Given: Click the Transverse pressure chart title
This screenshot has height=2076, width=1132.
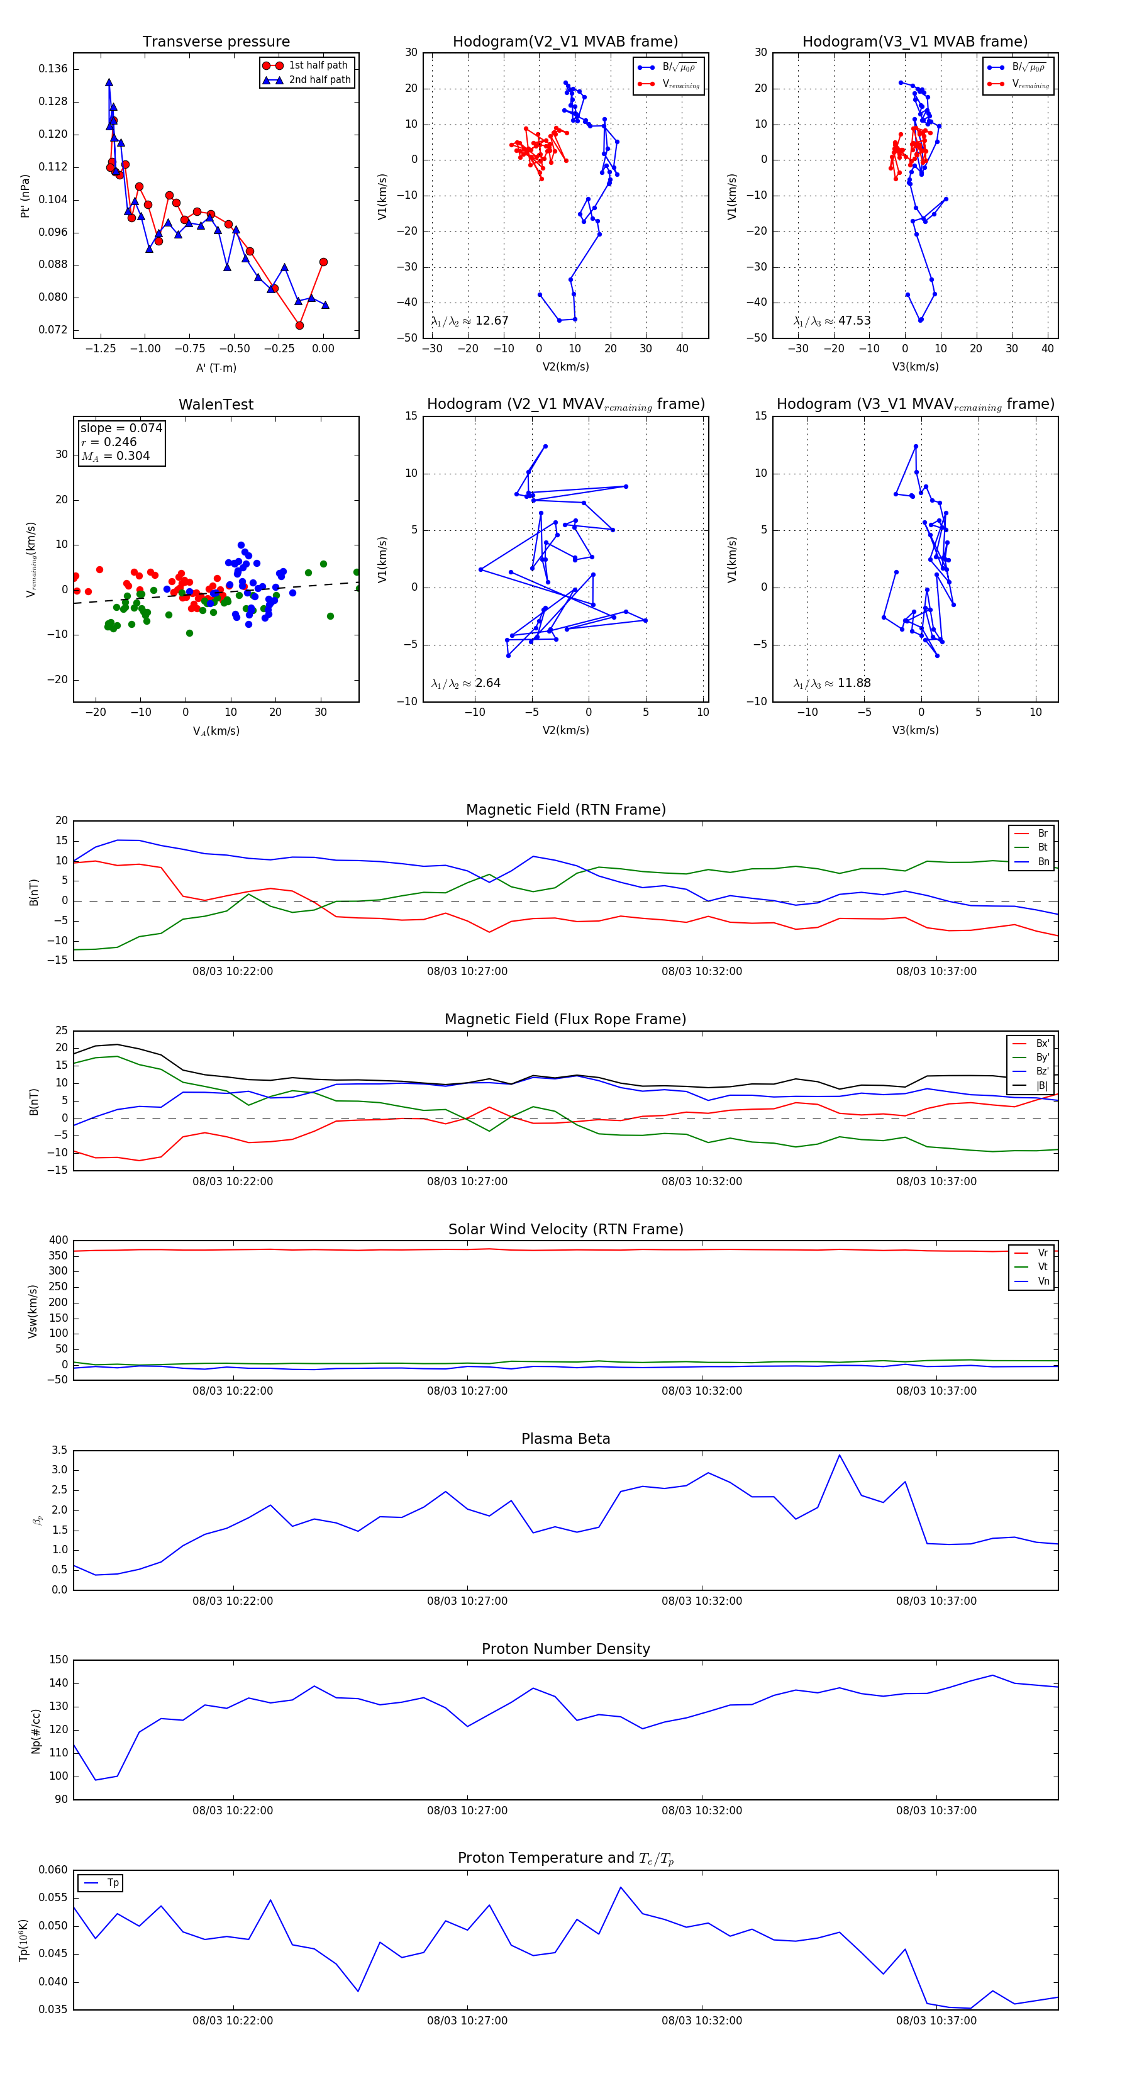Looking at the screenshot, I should pyautogui.click(x=216, y=42).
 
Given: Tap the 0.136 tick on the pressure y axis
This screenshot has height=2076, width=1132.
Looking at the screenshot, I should pyautogui.click(x=53, y=69).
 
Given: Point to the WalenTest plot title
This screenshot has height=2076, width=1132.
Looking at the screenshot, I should pyautogui.click(x=216, y=405).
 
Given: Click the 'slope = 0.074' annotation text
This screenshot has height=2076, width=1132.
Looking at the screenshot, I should pyautogui.click(x=121, y=428).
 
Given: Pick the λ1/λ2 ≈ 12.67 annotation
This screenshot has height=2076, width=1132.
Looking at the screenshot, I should pyautogui.click(x=470, y=321).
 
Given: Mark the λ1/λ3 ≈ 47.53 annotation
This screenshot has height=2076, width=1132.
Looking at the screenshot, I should pyautogui.click(x=831, y=321).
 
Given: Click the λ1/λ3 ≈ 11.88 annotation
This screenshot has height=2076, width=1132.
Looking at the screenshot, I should pyautogui.click(x=831, y=683).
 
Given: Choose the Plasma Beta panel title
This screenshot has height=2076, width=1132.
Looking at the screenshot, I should pyautogui.click(x=565, y=1439).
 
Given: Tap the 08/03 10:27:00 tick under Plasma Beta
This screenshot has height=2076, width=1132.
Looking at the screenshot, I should pyautogui.click(x=467, y=1600).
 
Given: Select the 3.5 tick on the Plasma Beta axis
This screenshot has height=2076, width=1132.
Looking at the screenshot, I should pyautogui.click(x=60, y=1450).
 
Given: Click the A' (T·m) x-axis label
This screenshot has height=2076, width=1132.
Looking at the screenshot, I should pyautogui.click(x=216, y=367).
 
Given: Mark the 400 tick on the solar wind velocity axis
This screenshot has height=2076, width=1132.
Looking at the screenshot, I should pyautogui.click(x=58, y=1241).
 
